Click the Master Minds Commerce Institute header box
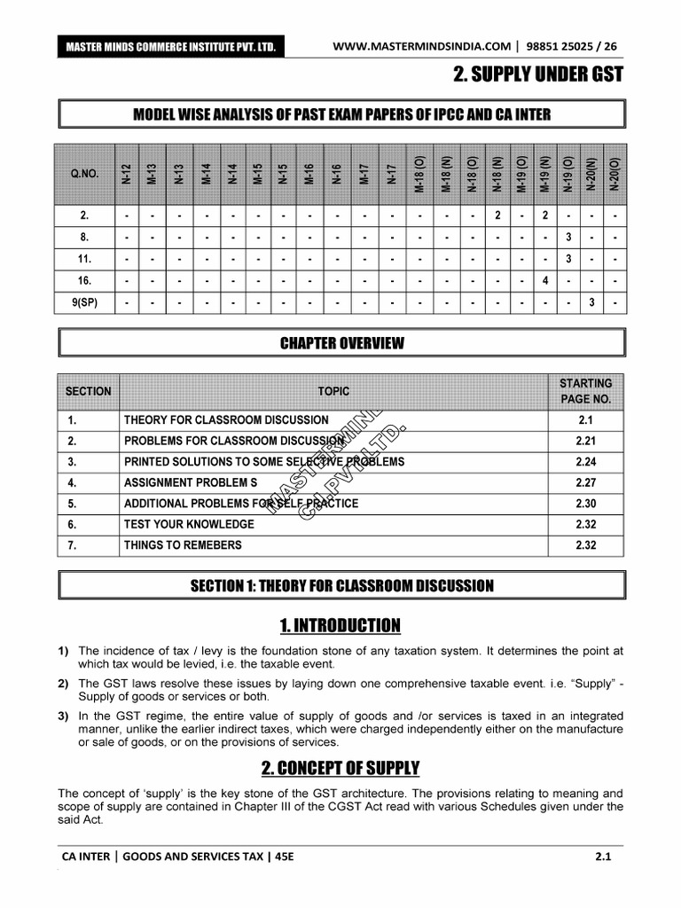coord(168,46)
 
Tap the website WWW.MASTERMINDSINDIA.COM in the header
coord(421,46)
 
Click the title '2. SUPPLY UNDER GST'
coord(537,75)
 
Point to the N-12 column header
coord(127,173)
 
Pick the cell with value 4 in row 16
coord(545,280)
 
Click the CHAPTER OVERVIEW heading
coord(341,343)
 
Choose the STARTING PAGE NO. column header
coord(585,391)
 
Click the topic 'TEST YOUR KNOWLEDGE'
coord(189,524)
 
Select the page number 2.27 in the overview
coord(585,482)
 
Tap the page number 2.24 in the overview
coord(585,461)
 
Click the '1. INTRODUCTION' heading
coord(340,626)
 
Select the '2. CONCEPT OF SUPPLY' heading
coord(340,768)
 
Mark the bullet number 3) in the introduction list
coord(64,716)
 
